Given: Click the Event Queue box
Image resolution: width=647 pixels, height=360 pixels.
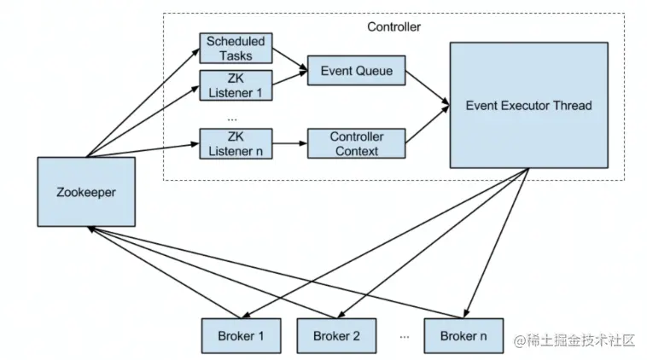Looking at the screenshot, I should (x=357, y=71).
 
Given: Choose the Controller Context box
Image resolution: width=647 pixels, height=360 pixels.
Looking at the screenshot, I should (x=357, y=142).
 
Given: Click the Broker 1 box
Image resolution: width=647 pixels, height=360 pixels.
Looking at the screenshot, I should (x=238, y=335).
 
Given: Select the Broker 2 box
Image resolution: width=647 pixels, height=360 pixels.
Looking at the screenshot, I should (x=336, y=335).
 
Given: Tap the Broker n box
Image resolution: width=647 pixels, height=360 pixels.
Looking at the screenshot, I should (x=463, y=335).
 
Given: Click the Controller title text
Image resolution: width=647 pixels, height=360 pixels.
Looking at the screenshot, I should (x=393, y=26).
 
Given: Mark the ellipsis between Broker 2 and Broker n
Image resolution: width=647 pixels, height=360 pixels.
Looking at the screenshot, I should (x=403, y=336).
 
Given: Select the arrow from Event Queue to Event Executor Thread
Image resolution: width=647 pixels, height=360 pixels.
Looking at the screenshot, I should (x=426, y=88).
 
